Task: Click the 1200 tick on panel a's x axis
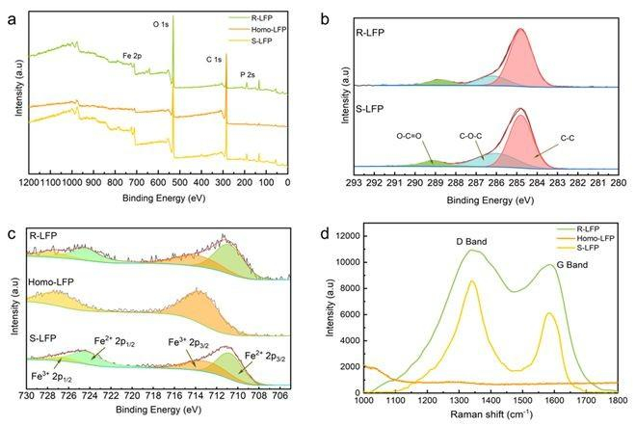tap(29, 181)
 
